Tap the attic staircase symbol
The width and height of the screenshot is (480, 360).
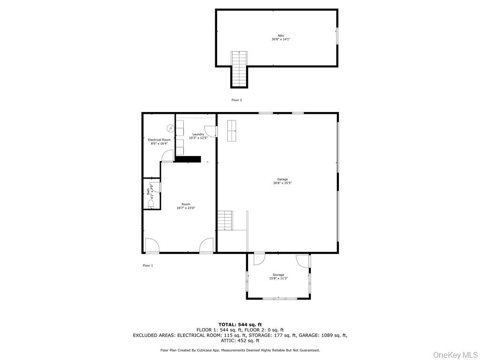pos(239,68)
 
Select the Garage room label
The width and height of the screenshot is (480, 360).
pos(282,181)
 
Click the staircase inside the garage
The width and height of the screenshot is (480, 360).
pos(225,220)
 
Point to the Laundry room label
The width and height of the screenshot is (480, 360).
pos(198,136)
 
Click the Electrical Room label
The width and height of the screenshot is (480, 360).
pos(159,142)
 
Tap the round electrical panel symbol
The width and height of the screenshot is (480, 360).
pos(170,128)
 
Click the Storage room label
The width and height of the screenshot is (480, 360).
pos(278,277)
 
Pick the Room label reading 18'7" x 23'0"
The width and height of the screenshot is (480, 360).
pos(186,206)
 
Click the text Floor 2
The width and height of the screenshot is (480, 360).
pos(237,100)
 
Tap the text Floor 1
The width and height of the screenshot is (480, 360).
pos(148,265)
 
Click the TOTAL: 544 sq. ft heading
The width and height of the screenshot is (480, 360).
pos(240,324)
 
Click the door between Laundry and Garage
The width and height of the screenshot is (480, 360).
pos(211,131)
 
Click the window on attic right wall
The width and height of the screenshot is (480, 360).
pos(337,36)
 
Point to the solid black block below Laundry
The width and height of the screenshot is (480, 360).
pos(188,159)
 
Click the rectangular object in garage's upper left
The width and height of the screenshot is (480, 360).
pos(232,130)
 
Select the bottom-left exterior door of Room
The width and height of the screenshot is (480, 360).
pos(151,246)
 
